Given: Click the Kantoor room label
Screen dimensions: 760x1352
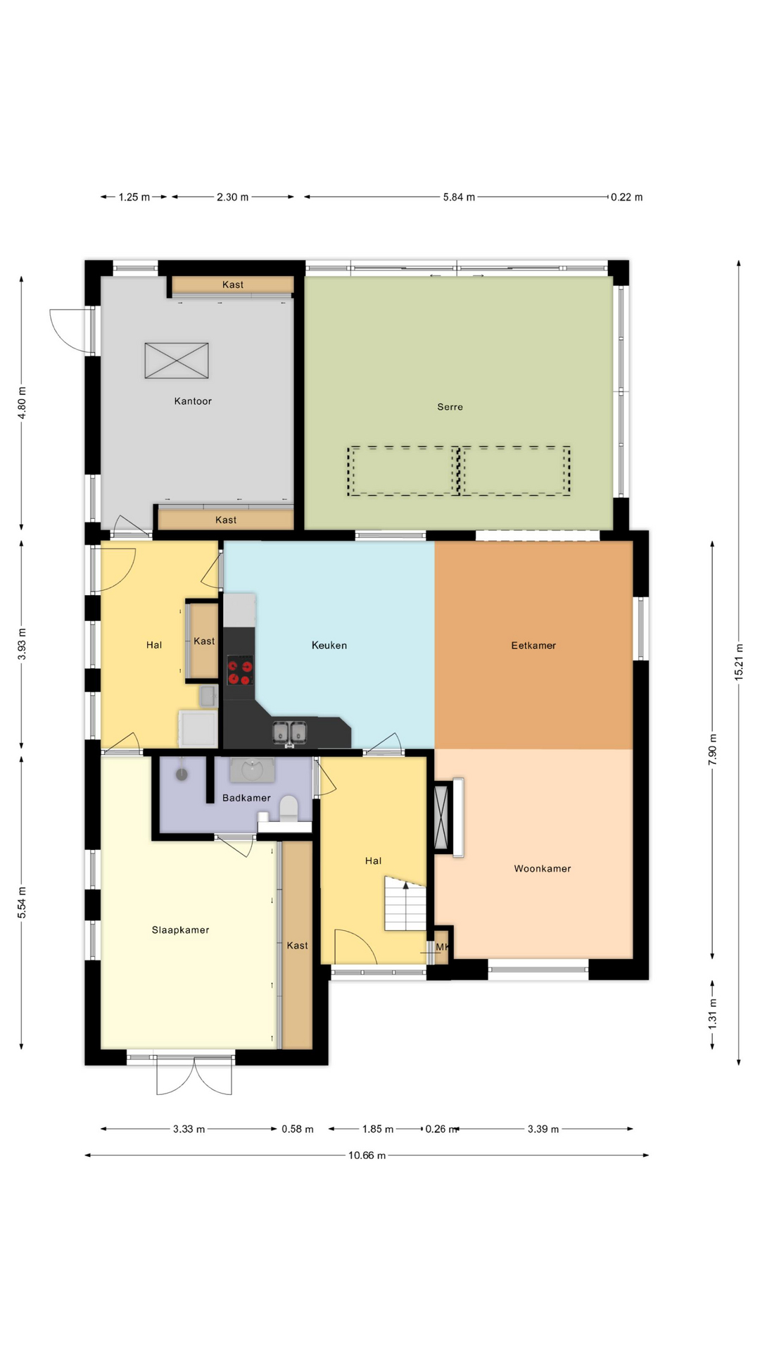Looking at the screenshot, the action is coord(193,401).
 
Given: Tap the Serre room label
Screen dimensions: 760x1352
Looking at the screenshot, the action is coord(450,407).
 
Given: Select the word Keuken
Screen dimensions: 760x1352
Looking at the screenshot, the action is coord(329,645).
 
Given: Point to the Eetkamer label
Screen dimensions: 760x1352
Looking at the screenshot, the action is coord(533,645).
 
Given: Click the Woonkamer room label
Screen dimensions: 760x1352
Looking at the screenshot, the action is coord(543,869).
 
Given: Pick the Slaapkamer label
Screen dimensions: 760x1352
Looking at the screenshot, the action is coord(181,930).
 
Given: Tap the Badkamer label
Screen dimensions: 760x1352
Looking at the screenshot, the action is coord(246,798).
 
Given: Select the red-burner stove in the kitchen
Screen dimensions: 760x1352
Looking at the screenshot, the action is coord(240,670).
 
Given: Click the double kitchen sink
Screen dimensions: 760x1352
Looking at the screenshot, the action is coord(290,732).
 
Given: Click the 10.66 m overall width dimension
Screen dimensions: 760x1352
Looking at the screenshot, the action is coord(367,1156).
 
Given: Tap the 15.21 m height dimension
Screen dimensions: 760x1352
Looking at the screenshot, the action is coord(739,661).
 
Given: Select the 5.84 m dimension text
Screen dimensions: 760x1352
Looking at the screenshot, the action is coord(459,197).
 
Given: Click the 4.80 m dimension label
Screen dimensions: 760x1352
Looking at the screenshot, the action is coord(22,403).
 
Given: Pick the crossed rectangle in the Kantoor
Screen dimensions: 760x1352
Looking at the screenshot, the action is coord(177,361).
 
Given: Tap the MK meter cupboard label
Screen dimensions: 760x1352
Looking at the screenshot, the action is coord(442,947).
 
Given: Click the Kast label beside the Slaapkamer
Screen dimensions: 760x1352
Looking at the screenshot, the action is coord(298,946).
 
